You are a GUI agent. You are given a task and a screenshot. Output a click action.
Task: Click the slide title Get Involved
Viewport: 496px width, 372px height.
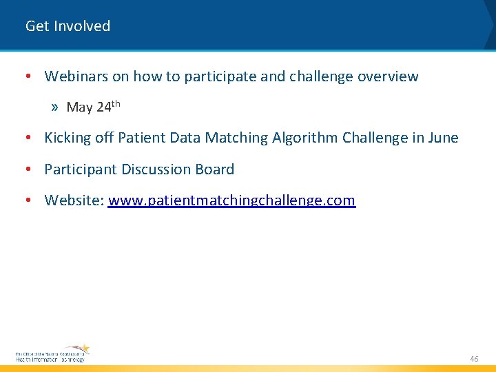(x=68, y=26)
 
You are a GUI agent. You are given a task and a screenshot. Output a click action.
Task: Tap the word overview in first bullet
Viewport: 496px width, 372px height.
(x=388, y=76)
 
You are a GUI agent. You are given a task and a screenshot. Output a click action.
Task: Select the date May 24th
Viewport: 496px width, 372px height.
(x=93, y=107)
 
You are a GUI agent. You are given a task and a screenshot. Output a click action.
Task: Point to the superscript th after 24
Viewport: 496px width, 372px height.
(x=116, y=103)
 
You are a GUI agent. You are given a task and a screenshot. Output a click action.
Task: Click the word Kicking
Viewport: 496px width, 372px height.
(x=68, y=138)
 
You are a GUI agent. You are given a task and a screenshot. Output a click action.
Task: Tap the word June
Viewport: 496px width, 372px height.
(x=444, y=138)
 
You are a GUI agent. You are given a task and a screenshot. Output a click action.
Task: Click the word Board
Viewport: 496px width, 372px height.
(x=214, y=169)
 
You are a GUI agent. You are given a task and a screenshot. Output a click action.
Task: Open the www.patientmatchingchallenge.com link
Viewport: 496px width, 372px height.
(x=232, y=200)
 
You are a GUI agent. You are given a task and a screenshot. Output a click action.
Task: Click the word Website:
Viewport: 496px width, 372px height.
(x=74, y=200)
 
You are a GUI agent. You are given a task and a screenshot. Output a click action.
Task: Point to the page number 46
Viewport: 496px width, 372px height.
(x=474, y=359)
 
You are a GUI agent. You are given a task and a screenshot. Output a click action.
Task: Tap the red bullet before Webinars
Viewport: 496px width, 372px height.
(x=25, y=76)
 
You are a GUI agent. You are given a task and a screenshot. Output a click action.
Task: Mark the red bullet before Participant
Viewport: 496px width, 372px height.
(x=25, y=169)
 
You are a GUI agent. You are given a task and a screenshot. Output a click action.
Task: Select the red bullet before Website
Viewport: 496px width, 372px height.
(x=25, y=200)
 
